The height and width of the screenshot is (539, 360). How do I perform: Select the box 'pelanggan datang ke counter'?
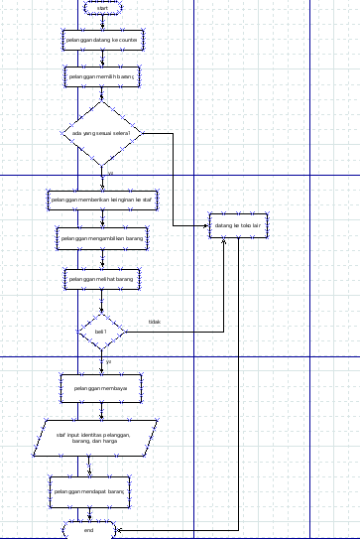pyautogui.click(x=101, y=39)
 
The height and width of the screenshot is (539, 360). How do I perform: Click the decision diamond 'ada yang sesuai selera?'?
pyautogui.click(x=101, y=133)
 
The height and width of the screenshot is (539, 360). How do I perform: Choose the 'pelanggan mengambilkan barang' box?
pyautogui.click(x=101, y=238)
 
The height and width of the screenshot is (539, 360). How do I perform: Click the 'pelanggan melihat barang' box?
pyautogui.click(x=101, y=280)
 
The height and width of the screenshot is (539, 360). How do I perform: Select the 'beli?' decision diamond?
pyautogui.click(x=101, y=331)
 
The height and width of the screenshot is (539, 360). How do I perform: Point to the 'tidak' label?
pyautogui.click(x=154, y=322)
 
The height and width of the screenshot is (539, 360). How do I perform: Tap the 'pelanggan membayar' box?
pyautogui.click(x=101, y=388)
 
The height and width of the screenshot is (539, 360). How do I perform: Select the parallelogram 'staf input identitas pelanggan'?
pyautogui.click(x=101, y=438)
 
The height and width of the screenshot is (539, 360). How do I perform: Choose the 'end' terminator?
pyautogui.click(x=89, y=530)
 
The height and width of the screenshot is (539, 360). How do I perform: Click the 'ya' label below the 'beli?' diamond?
pyautogui.click(x=109, y=360)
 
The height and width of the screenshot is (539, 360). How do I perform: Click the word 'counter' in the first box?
pyautogui.click(x=125, y=39)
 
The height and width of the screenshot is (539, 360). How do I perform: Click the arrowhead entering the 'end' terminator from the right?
pyautogui.click(x=120, y=530)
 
